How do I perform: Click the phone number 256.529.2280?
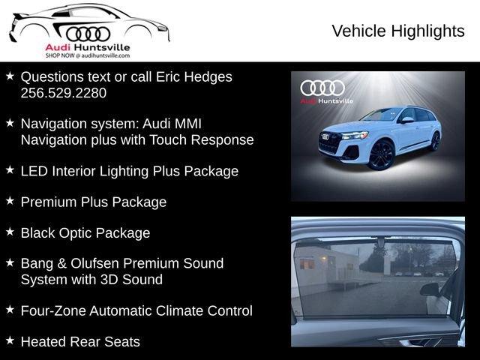63,93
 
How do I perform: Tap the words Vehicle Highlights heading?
397,31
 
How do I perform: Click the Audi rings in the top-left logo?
88,33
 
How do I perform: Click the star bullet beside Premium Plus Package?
10,201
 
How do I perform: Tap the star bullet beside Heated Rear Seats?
10,340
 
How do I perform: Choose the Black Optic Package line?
85,232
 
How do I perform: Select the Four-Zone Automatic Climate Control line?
136,310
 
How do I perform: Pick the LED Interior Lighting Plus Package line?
129,171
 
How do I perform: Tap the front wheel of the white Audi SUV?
380,154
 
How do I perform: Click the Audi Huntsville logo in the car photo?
322,91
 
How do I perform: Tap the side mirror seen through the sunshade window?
430,289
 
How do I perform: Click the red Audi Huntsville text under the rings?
87,47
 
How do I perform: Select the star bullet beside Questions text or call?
10,76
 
